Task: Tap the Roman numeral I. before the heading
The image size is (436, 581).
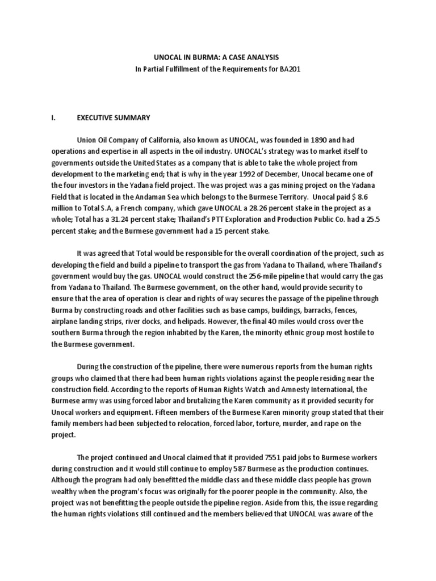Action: click(x=53, y=117)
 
